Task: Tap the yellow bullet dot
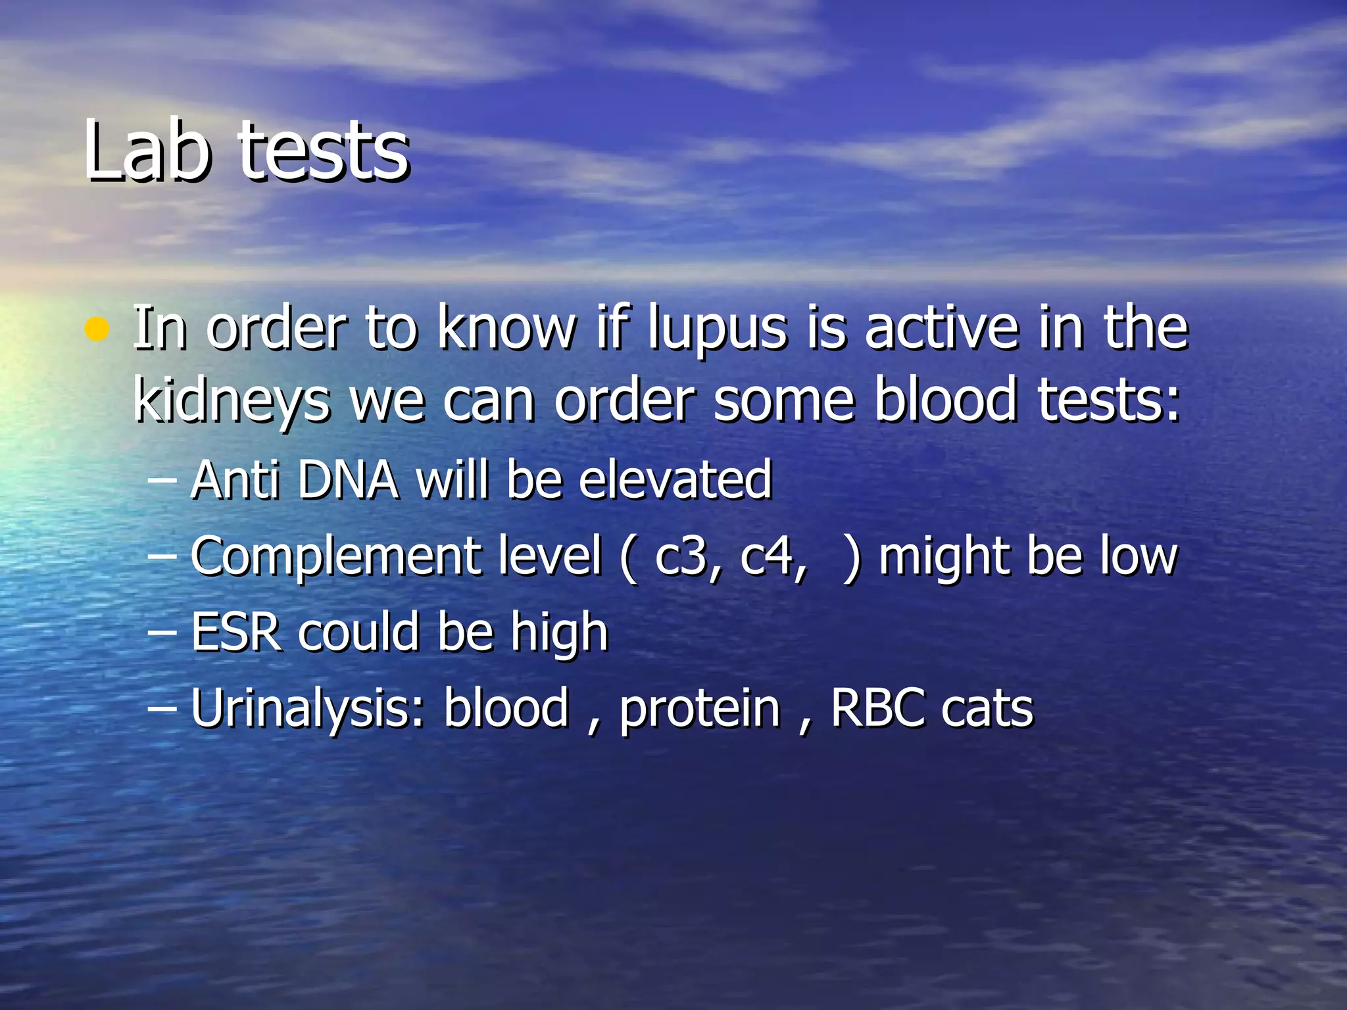(x=97, y=329)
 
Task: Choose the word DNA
(x=348, y=479)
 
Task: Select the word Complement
(x=336, y=556)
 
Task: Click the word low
(x=1139, y=556)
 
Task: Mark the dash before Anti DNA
(x=162, y=481)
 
